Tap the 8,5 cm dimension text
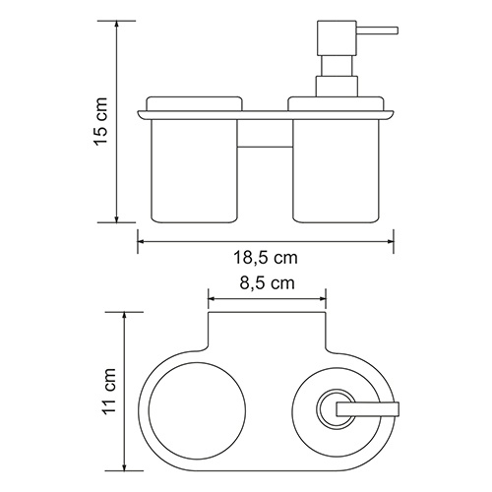(265, 283)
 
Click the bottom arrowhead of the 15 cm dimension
(119, 219)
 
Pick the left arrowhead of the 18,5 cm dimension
(140, 238)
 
